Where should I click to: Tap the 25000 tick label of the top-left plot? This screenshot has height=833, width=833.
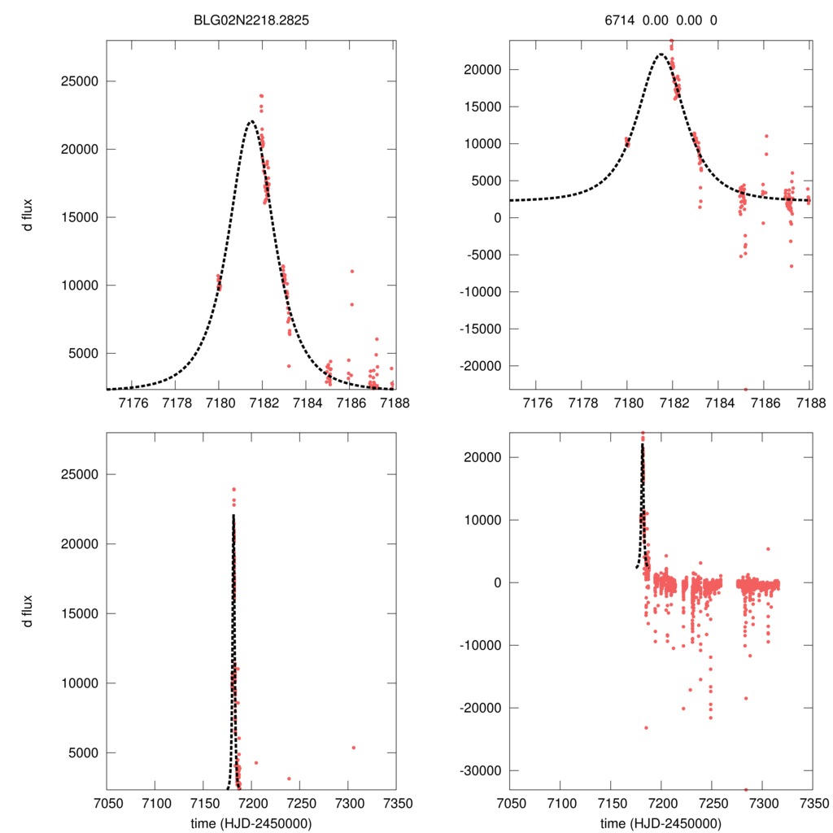[82, 81]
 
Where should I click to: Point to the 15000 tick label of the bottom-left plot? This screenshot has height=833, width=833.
[82, 613]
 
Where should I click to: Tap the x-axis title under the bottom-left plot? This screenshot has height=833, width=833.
[251, 822]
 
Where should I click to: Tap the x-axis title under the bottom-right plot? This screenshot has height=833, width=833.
[661, 822]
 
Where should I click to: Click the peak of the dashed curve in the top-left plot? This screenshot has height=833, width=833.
[251, 121]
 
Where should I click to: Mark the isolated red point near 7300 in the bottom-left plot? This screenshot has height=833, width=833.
[353, 748]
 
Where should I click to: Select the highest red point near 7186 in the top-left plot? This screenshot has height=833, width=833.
[352, 271]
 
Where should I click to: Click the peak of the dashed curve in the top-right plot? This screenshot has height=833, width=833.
[661, 55]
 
